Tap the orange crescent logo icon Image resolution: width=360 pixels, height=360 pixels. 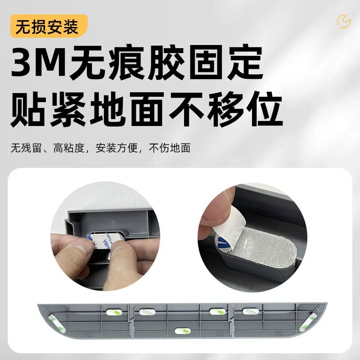pos(344,21)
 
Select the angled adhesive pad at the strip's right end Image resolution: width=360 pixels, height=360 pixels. pos(311,318)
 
